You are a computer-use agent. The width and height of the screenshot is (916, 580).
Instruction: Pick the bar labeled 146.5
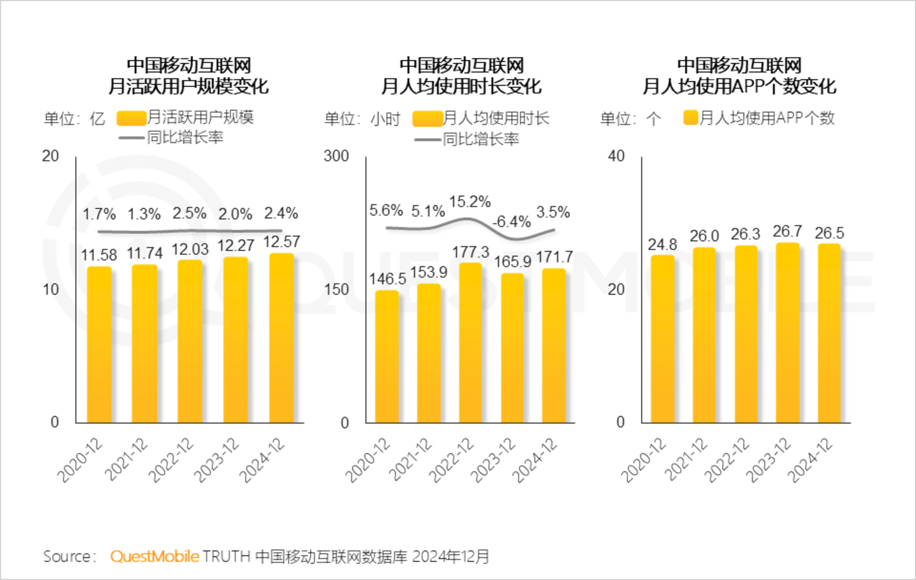[387, 356]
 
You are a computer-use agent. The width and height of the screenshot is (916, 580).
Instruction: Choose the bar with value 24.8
[662, 338]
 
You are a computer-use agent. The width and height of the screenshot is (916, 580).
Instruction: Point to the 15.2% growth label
[470, 202]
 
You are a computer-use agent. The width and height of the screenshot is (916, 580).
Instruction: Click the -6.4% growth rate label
[511, 222]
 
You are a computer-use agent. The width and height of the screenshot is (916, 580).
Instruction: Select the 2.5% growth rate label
[190, 213]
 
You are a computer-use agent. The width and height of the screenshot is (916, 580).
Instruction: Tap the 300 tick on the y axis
[337, 156]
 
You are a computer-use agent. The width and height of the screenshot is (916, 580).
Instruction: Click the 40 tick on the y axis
[616, 156]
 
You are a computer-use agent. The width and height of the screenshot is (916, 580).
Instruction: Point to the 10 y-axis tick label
[50, 290]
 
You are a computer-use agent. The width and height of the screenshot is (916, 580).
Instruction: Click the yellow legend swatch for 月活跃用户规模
[132, 118]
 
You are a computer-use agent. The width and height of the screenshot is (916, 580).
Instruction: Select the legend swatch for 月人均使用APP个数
[690, 118]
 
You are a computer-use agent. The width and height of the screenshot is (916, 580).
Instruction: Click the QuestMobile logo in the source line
[155, 556]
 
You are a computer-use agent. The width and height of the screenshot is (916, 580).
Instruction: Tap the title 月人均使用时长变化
[461, 86]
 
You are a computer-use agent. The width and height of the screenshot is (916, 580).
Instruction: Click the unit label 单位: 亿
[74, 119]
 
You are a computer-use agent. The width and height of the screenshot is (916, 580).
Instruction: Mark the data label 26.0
[704, 236]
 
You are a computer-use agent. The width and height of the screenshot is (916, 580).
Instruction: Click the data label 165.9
[512, 261]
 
